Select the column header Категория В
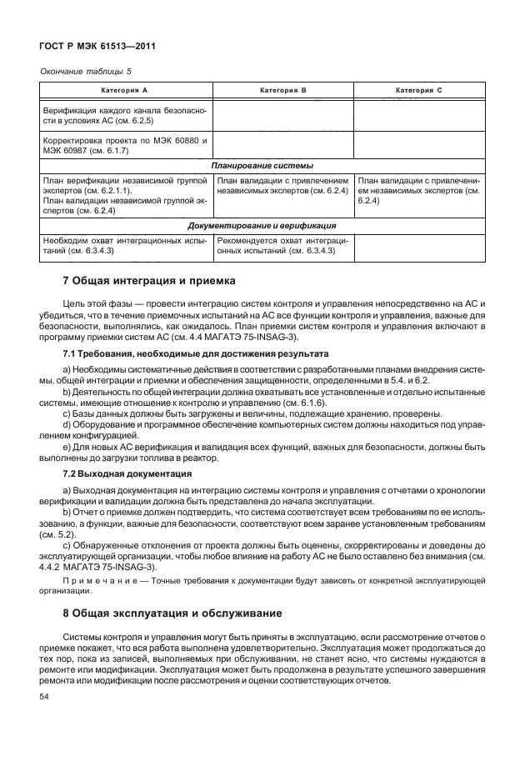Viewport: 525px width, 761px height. coord(283,89)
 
